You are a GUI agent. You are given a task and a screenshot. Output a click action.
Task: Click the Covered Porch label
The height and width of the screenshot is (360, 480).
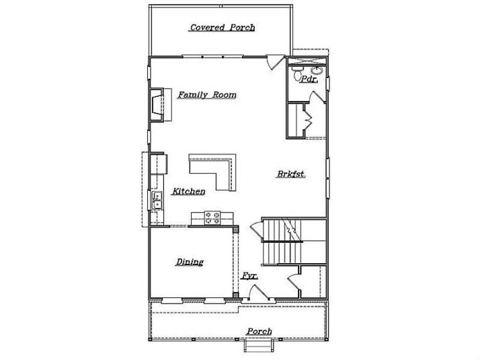click(x=222, y=28)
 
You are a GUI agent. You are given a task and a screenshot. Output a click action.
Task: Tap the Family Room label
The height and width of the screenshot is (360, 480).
click(x=206, y=95)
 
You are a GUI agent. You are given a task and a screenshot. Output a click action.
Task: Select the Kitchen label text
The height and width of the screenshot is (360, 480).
click(x=188, y=192)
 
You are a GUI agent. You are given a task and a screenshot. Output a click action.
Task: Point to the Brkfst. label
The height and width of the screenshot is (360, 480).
click(x=291, y=174)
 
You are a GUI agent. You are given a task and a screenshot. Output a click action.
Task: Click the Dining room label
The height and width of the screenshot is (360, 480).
click(x=190, y=262)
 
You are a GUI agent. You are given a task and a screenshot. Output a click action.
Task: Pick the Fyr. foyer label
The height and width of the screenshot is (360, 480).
click(x=249, y=276)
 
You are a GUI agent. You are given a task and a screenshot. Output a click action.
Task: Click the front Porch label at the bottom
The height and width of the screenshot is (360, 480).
click(x=259, y=331)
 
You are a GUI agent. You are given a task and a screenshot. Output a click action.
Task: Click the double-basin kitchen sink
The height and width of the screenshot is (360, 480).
click(x=157, y=200)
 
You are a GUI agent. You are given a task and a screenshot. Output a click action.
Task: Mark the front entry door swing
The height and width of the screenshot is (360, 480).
click(x=255, y=293)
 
